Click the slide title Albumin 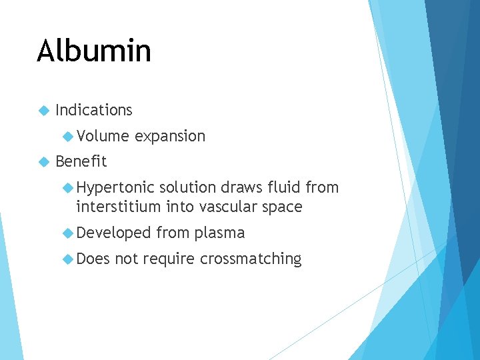point(94,51)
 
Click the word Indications point(94,110)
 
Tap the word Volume point(103,136)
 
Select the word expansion point(170,137)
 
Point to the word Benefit point(81,161)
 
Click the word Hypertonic point(115,188)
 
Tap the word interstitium point(119,207)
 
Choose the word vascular point(233,207)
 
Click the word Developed point(113,233)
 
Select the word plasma point(220,233)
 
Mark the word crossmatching point(251,259)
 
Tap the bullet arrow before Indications point(44,110)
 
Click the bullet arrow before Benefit point(44,161)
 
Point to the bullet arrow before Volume point(67,136)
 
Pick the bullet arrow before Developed point(67,233)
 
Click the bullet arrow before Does point(67,259)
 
